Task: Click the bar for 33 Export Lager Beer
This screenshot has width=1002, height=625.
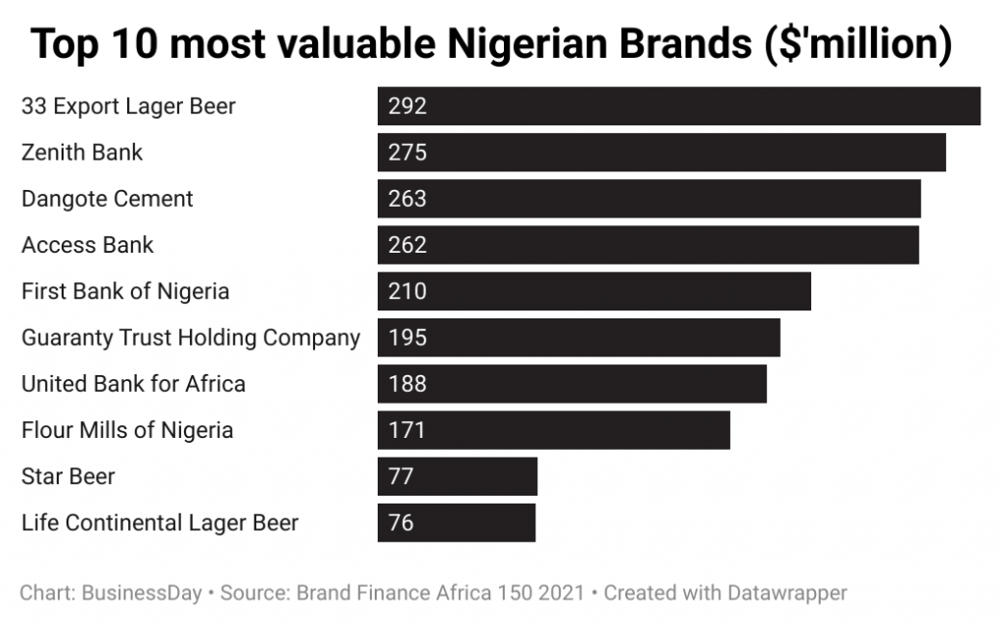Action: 679,106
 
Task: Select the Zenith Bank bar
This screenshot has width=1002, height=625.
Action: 661,153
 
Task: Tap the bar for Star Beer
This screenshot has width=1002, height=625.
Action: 457,477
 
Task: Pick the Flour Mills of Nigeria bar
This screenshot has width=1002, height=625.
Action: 554,430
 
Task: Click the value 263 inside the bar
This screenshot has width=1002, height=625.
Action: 407,199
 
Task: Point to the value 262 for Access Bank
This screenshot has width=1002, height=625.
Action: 407,245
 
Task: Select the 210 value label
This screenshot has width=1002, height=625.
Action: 407,291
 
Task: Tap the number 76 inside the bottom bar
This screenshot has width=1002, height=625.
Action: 401,523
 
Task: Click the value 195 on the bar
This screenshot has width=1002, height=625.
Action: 407,338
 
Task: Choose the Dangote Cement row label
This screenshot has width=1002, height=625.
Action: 108,199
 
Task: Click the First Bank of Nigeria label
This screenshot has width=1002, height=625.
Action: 125,291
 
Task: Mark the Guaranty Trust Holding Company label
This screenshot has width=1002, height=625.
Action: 191,338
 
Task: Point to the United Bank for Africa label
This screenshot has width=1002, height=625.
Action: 133,384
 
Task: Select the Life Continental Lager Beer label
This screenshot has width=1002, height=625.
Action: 159,523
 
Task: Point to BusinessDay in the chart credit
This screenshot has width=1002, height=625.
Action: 142,593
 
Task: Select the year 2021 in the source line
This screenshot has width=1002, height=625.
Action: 567,593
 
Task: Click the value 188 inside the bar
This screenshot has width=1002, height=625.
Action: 407,384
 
